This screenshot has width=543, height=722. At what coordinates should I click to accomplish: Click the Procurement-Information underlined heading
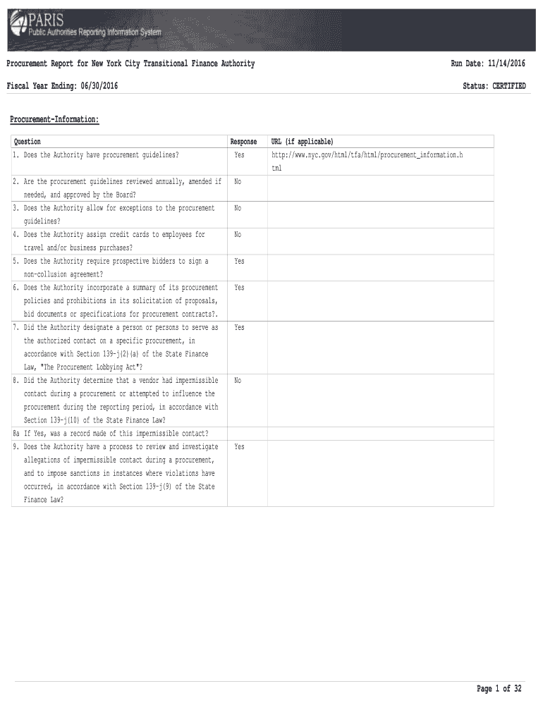point(54,120)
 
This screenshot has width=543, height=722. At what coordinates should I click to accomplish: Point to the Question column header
point(28,142)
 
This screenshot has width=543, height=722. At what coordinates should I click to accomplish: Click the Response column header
point(243,142)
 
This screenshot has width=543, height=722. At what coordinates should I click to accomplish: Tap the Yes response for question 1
point(239,154)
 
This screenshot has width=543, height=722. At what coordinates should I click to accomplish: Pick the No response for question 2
point(238,182)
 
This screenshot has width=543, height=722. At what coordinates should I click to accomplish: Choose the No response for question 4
point(238,235)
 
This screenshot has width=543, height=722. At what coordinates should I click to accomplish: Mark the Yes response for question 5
point(239,262)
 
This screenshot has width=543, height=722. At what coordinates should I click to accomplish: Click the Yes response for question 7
point(239,328)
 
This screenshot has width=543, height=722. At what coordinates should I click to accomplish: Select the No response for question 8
point(238,381)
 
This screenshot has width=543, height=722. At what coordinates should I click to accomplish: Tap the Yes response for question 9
point(239,447)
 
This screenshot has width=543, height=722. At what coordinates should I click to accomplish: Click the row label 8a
point(17,433)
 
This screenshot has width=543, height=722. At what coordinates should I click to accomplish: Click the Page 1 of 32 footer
point(499,689)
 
